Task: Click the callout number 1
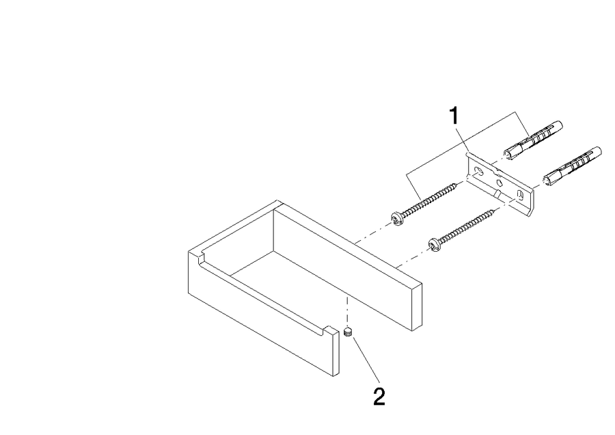[454, 116]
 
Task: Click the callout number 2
[379, 397]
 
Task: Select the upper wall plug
[533, 140]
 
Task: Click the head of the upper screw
[397, 218]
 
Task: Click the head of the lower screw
[435, 245]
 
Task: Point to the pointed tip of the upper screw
[458, 183]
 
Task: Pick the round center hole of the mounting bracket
[500, 183]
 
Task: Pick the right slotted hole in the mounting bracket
[521, 195]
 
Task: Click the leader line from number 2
[366, 359]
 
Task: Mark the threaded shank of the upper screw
[428, 200]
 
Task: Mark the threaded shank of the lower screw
[467, 226]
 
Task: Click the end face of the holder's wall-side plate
[417, 307]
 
